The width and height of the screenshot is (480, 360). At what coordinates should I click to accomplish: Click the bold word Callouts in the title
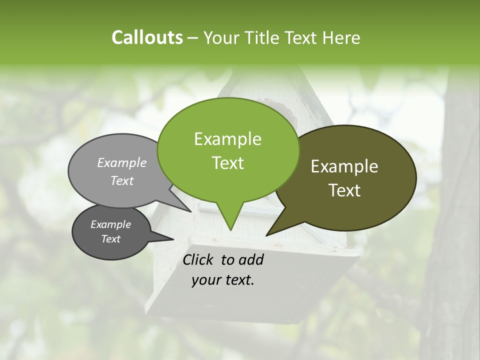tap(147, 38)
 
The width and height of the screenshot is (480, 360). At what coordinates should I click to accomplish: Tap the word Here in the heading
tap(342, 38)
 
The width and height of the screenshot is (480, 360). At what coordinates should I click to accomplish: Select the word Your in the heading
tap(222, 38)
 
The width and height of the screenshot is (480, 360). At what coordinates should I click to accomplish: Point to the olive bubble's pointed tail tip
tap(267, 234)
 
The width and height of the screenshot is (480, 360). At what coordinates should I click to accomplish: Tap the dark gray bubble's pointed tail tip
tap(173, 239)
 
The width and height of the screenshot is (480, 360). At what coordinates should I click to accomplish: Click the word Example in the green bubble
tap(228, 139)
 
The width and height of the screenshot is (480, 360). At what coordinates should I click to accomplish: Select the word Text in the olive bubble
tap(344, 190)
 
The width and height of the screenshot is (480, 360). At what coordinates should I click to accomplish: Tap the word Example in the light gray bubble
tap(122, 163)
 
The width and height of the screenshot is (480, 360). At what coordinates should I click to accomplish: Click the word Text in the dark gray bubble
tap(110, 239)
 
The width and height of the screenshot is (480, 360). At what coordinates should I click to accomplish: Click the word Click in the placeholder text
tap(198, 259)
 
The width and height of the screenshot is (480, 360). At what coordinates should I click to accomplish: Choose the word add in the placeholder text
tap(251, 259)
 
